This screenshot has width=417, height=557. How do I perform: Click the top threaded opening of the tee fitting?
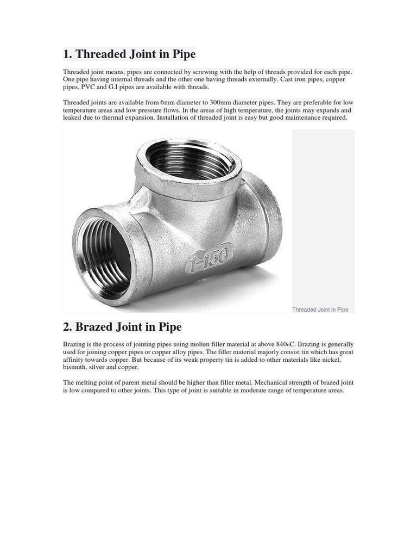pos(187,159)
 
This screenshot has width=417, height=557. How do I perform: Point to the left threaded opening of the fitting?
pos(103,255)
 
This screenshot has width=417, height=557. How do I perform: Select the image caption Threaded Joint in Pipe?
pos(320,310)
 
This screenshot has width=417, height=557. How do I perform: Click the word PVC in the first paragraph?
pos(88,87)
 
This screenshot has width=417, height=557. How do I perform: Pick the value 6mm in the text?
pos(170,103)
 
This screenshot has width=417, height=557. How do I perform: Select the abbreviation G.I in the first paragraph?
pos(116,87)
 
